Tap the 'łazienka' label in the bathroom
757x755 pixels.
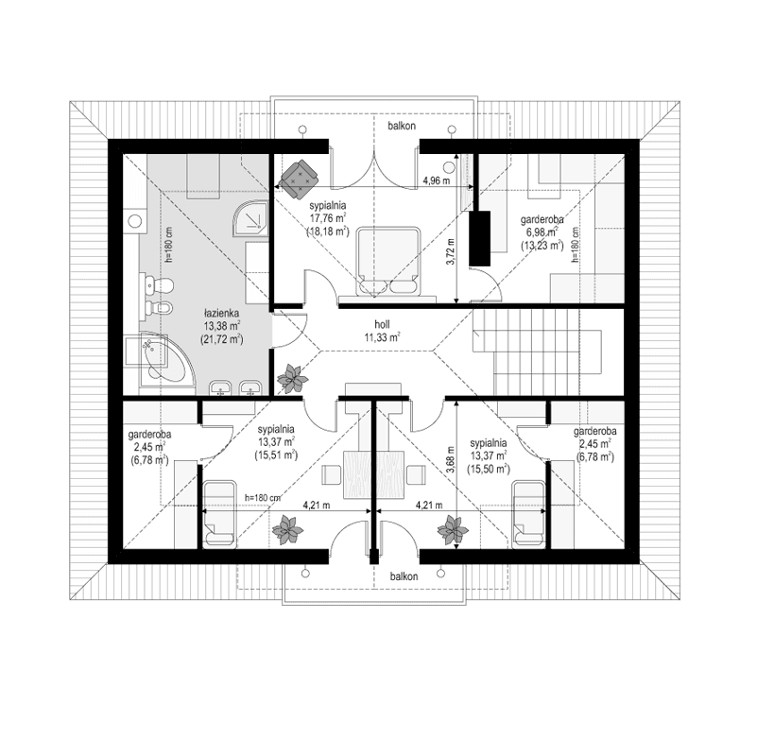point(223,311)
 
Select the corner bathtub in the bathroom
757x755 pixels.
point(161,360)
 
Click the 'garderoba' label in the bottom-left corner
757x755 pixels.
point(146,436)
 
